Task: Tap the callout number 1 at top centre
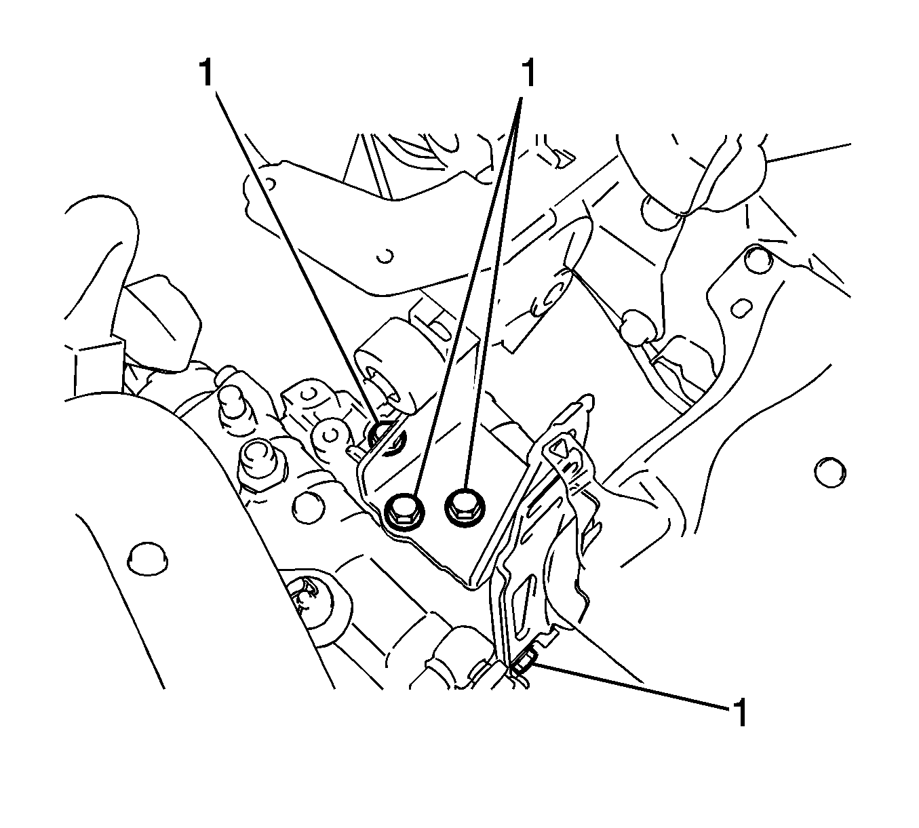tap(528, 73)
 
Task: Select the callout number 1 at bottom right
tap(739, 713)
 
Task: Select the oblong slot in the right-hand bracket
tap(742, 309)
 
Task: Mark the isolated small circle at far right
tap(830, 472)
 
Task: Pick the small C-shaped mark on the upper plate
tap(387, 256)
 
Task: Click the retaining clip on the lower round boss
tap(304, 596)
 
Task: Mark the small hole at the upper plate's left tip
tap(270, 184)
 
